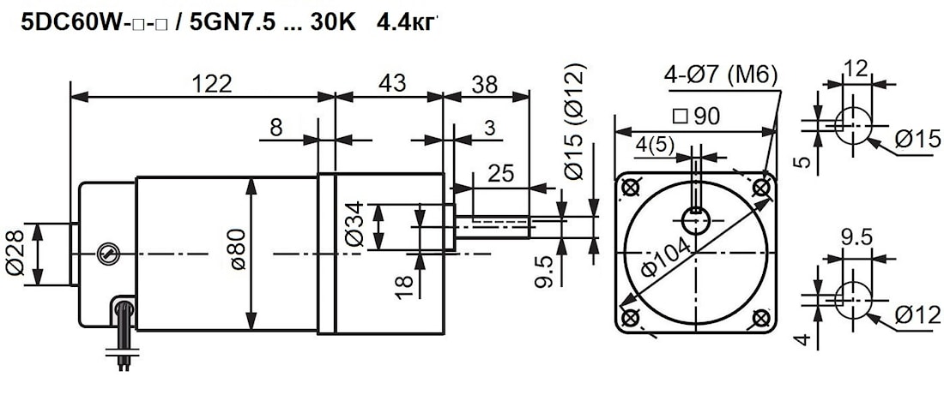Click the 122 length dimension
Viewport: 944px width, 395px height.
[x=211, y=84]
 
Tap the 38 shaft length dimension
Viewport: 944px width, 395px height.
[x=485, y=85]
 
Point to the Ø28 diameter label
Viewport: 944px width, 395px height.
[x=15, y=253]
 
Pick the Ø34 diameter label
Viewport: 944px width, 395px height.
[x=355, y=224]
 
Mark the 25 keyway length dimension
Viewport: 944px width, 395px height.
[x=501, y=174]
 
